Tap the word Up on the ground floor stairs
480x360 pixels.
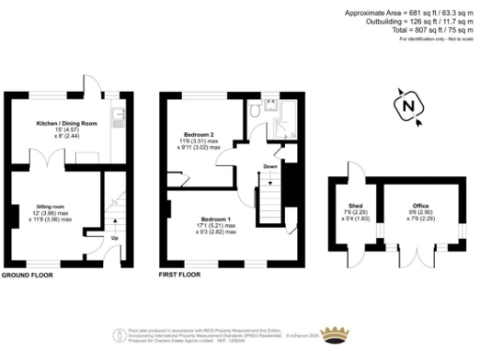click(114, 238)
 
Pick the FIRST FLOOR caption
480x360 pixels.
click(182, 277)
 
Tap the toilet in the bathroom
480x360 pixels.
click(255, 111)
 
